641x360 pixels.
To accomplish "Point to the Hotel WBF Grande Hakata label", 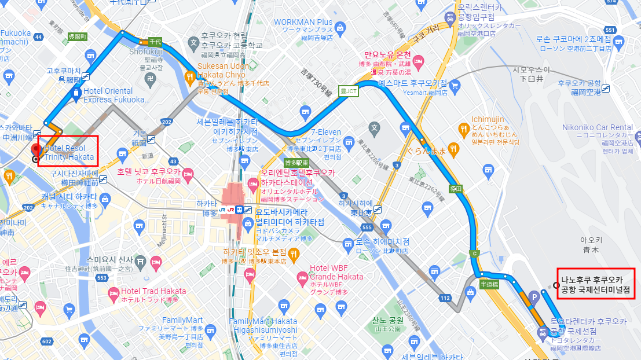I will pos(336,272).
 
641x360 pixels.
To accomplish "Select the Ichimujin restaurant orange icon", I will pos(463,128).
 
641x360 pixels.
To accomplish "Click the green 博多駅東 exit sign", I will pos(295,163).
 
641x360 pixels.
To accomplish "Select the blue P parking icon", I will pos(534,297).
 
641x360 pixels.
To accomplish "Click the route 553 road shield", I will pos(101,278).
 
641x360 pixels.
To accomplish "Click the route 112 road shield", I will pos(445,298).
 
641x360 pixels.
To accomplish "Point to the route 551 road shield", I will pos(609,30).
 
